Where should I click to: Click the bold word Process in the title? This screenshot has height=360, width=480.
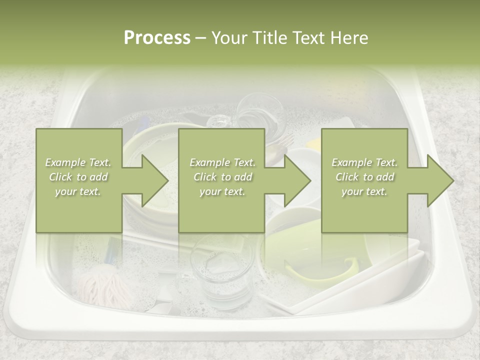coord(157,38)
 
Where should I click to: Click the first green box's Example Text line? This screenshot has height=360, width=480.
coord(78,162)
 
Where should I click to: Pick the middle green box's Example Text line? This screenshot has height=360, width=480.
coord(222,162)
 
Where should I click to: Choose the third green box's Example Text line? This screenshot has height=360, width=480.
coord(364,162)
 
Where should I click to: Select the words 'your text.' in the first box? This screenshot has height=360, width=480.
coord(78,191)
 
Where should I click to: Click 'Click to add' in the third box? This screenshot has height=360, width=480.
coord(364,177)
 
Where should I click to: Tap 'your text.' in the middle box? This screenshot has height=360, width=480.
coord(222,191)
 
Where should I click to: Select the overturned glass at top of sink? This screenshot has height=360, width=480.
coord(260,112)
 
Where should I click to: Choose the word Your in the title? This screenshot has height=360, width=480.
coord(228,38)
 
